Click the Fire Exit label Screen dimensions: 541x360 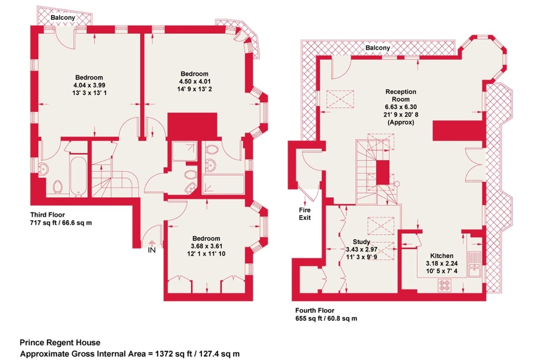click(x=305, y=214)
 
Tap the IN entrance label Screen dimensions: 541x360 click(x=152, y=250)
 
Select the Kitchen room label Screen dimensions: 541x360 click(x=442, y=256)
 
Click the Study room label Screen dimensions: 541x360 click(x=361, y=242)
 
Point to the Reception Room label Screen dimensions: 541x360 click(x=400, y=95)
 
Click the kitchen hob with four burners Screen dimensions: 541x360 click(x=445, y=285)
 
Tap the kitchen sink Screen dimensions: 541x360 click(x=475, y=264)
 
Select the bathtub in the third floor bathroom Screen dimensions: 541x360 click(x=79, y=176)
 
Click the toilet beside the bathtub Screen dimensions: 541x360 click(x=58, y=187)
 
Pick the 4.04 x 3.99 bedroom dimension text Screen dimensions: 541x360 click(x=89, y=85)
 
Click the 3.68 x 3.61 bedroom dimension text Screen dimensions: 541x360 click(x=206, y=246)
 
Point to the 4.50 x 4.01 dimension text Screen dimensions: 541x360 click(x=195, y=82)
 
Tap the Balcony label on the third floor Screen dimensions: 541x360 click(x=63, y=18)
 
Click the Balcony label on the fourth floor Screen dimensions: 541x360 click(x=378, y=48)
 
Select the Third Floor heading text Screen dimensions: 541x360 click(x=48, y=215)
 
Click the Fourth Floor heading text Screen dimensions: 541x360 click(x=315, y=310)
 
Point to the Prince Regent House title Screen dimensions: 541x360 click(x=60, y=342)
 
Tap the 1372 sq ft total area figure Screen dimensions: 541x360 click(x=174, y=354)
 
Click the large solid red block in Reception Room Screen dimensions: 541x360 click(x=459, y=130)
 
